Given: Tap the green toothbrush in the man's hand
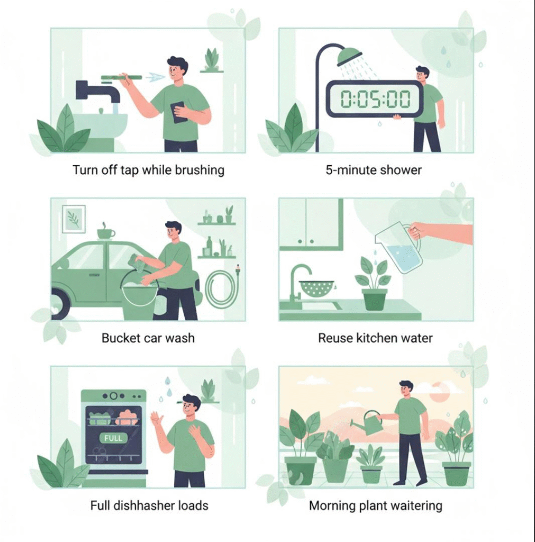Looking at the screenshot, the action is (x=121, y=78).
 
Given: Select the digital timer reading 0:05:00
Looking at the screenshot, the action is (x=375, y=98).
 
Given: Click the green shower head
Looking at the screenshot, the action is (x=350, y=56).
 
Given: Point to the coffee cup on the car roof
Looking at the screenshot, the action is (x=105, y=233).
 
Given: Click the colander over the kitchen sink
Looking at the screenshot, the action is (x=316, y=287).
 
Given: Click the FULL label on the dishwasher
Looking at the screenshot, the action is (x=113, y=438).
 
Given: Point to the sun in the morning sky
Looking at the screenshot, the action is (x=439, y=392).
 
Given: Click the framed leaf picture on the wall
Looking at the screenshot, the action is (x=74, y=219).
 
